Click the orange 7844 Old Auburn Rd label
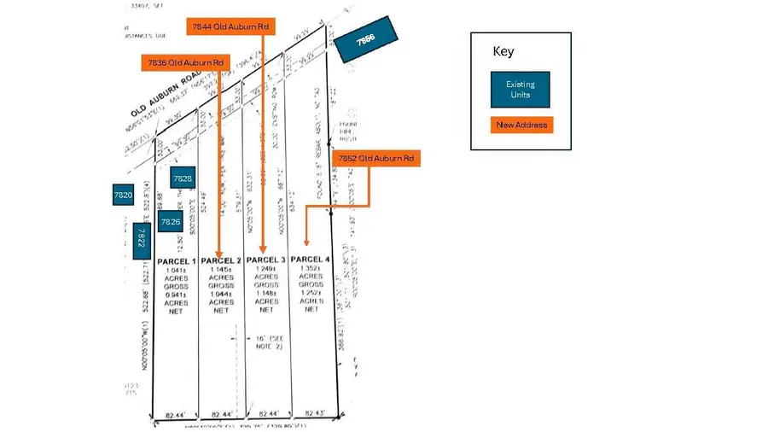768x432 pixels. point(230,26)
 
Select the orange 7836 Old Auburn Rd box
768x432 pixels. point(185,62)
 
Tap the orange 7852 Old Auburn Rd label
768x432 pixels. point(375,158)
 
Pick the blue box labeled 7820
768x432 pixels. point(123,196)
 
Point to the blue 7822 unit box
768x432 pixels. point(142,236)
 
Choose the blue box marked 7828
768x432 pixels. point(183,178)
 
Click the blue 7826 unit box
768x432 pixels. point(171,221)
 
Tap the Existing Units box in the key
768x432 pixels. point(520,89)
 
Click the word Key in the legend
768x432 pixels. point(503,51)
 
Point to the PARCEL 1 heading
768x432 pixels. point(176,260)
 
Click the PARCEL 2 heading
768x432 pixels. point(221,260)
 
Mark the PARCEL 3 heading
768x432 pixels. point(266,260)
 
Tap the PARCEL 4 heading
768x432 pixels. point(311,259)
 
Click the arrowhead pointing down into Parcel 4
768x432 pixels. point(306,242)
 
